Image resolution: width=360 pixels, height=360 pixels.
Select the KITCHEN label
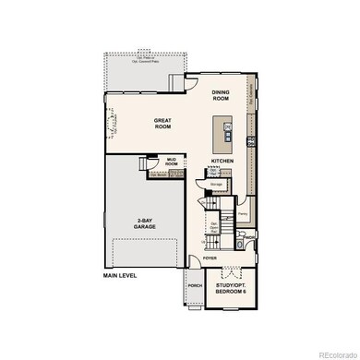(221, 161)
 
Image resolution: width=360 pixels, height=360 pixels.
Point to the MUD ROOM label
(171, 162)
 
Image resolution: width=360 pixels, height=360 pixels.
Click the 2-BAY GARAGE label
(144, 224)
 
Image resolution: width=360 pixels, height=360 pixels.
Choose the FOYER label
(210, 258)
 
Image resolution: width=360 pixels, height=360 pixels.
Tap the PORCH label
(195, 285)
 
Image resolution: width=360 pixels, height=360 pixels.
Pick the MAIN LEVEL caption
(122, 275)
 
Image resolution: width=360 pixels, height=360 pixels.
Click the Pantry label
(243, 212)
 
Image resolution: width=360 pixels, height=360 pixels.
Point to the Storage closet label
(216, 184)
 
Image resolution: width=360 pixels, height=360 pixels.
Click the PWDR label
(250, 238)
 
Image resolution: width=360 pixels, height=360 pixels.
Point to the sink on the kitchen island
(227, 127)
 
